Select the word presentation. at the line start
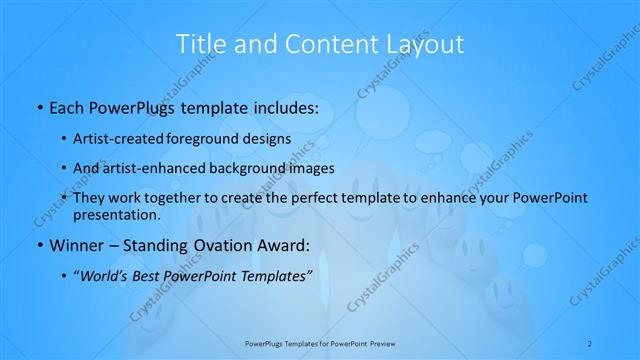click(x=117, y=215)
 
